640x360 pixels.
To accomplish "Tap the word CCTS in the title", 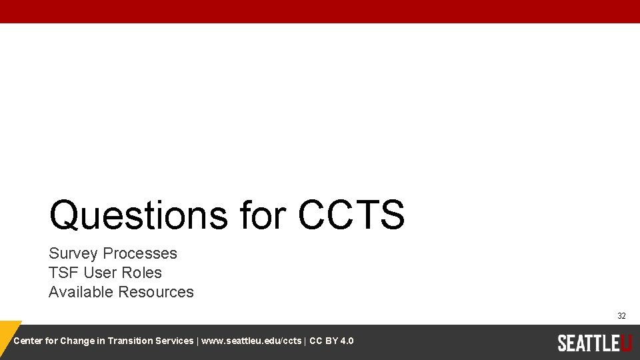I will click(351, 215).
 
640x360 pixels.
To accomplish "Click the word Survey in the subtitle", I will click(73, 253).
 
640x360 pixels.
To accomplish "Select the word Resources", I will click(156, 292).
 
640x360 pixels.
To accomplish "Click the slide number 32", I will click(621, 315).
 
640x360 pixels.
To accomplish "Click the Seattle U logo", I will click(594, 343).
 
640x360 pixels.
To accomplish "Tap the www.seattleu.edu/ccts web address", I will click(251, 341).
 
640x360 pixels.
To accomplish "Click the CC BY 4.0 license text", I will click(331, 341).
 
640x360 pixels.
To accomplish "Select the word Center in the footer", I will click(27, 341).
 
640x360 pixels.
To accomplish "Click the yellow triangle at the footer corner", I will click(8, 333).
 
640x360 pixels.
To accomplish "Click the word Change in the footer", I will click(77, 341).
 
